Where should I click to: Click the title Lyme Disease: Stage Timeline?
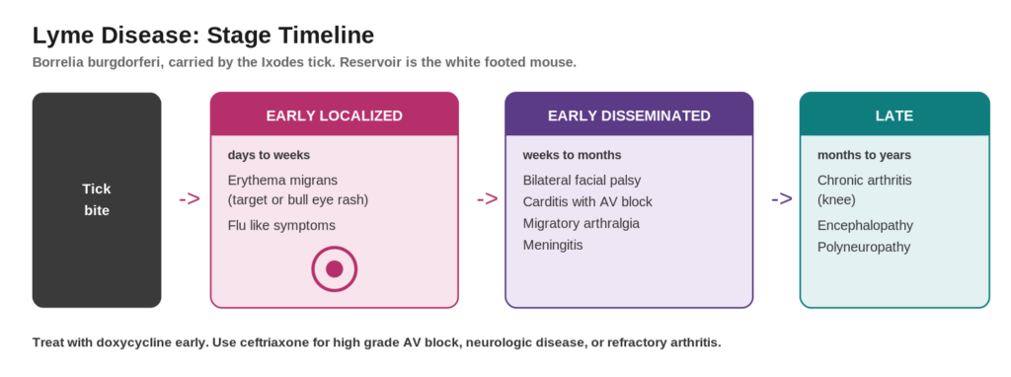coord(203,36)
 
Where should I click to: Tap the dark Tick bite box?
coord(97,199)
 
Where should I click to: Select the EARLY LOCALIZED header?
coord(334,116)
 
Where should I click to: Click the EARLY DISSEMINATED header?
coord(629,116)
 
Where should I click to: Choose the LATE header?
coord(894,116)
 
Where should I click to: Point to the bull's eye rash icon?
coord(334,268)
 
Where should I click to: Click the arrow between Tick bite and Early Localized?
coord(190,199)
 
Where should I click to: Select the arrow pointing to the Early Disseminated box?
coord(488,199)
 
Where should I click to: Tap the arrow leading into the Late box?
coord(782,199)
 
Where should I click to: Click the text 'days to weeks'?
coord(269,155)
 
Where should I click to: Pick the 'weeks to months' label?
coord(572,155)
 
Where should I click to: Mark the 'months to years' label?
coord(864,155)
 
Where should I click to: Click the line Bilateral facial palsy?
coord(582,181)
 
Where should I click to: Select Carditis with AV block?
coord(587,201)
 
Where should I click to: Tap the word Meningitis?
coord(553,246)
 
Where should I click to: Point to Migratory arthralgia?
coord(581,224)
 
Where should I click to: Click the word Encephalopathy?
coord(865,226)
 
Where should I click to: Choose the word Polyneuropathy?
coord(864,248)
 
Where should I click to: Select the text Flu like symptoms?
coord(281,226)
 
